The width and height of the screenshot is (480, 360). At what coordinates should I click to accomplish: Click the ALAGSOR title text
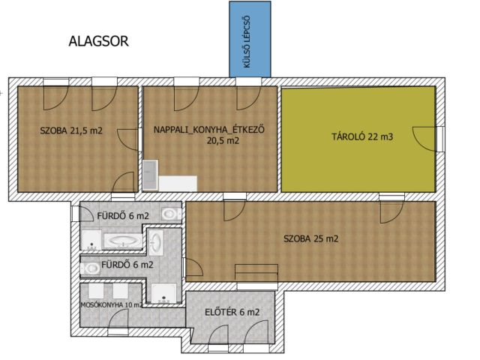point(98,41)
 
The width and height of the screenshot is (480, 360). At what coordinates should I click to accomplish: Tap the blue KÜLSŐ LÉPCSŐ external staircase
point(250,39)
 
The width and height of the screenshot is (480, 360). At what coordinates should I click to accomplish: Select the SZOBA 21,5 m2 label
point(71,130)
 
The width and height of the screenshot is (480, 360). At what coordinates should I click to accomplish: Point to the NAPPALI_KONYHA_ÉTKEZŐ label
point(209,130)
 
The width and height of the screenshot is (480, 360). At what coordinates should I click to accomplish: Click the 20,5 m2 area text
point(223,141)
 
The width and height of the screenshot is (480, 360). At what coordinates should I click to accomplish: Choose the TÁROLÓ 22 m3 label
point(362,136)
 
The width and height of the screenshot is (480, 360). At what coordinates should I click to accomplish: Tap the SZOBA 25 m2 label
point(311,238)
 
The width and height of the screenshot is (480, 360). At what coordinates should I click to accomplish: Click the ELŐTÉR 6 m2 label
point(232,312)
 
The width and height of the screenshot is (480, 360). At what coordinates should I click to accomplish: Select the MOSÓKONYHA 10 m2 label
point(112,305)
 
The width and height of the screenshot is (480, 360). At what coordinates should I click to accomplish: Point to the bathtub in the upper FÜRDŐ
point(123,241)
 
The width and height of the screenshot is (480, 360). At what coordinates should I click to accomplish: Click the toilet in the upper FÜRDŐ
point(171,214)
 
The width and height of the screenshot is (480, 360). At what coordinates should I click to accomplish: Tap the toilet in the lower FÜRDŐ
point(90,268)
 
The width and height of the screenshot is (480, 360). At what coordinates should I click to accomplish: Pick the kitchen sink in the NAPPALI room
point(150,175)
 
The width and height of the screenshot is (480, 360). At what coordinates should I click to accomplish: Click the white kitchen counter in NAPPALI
point(178,183)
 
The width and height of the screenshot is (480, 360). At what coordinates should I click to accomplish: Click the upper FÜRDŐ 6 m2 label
point(123,216)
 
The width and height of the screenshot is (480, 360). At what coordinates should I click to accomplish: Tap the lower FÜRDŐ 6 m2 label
point(127,265)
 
